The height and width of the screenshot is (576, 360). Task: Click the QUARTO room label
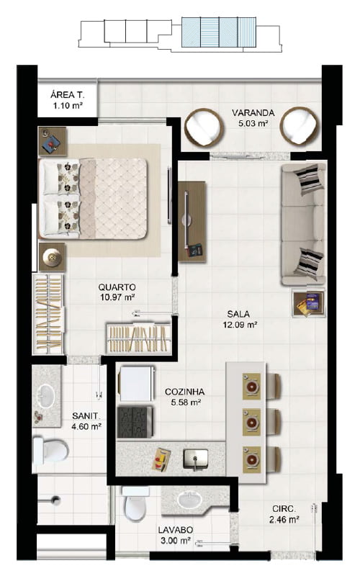[117, 287]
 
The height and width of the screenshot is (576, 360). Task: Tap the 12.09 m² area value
[240, 325]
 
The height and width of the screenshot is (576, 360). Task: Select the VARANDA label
[253, 112]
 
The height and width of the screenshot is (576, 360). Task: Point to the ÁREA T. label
[67, 95]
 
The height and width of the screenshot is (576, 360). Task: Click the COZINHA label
[185, 392]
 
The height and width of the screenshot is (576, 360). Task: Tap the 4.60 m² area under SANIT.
[86, 426]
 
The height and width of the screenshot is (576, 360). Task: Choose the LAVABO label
[176, 530]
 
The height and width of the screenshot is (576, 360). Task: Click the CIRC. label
[284, 509]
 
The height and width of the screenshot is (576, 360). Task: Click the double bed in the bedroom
[94, 199]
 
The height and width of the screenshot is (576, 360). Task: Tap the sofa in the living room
[303, 224]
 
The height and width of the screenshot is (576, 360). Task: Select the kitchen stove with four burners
[135, 422]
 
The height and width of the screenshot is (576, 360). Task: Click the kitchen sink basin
[195, 459]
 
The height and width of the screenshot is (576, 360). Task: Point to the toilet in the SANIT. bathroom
[50, 450]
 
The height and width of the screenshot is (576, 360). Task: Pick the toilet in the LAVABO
[135, 504]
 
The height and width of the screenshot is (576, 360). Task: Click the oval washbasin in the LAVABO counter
[189, 500]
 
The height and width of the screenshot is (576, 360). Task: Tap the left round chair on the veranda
[204, 127]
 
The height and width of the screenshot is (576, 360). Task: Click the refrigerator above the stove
[135, 383]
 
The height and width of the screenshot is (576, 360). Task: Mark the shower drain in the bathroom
[56, 499]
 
